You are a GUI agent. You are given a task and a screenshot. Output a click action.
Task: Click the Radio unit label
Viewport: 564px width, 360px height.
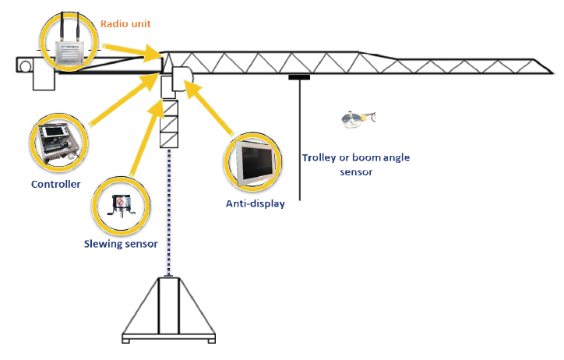point(125,23)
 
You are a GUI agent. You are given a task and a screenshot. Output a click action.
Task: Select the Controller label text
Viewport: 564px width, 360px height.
point(56,185)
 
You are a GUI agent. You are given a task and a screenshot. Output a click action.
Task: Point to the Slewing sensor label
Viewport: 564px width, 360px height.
point(121,244)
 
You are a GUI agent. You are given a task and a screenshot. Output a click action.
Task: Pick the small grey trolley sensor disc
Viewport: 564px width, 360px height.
point(353,118)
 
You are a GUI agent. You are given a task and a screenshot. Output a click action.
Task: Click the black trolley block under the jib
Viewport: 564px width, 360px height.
point(299,76)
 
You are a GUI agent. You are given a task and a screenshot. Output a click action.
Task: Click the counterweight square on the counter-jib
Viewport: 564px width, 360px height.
point(25,66)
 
